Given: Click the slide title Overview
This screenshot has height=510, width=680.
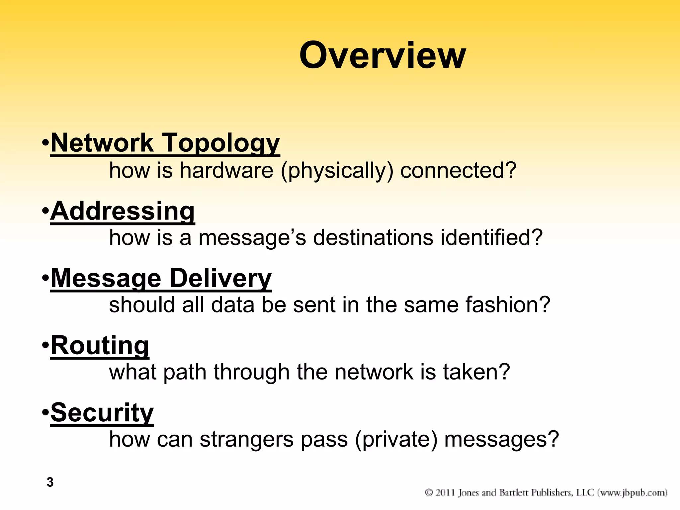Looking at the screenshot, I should coord(382,55).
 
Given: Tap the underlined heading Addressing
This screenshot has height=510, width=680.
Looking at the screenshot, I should coord(123,212).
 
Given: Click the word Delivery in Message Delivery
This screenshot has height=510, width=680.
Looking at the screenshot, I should coord(220,279).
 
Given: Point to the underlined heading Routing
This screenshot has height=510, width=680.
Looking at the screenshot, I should coord(100,346).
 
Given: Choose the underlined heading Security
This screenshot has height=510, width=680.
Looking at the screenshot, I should coord(102,413).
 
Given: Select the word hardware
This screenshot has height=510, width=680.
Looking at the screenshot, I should coord(226,170).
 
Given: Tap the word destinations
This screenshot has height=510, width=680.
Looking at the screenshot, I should coord(373,238).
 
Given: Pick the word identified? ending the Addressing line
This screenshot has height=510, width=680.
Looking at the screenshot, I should coord(491,238).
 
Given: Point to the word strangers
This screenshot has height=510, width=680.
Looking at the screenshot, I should coord(247,440).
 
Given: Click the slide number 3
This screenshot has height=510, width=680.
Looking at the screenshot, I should coord(50,482).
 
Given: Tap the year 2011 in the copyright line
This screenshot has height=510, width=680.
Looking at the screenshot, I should coord(445,492).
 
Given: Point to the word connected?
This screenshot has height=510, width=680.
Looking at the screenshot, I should coord(458,170).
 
